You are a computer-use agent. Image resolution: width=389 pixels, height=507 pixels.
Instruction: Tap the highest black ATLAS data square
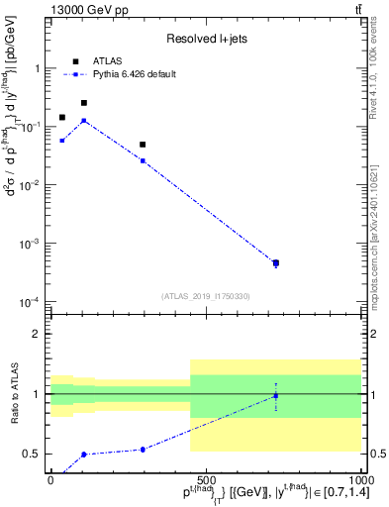84,103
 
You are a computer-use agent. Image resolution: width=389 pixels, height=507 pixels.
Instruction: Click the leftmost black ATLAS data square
62,118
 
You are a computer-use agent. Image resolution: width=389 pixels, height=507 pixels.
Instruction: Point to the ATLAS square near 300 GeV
143,145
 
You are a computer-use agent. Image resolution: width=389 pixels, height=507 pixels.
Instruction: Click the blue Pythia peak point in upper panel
84,121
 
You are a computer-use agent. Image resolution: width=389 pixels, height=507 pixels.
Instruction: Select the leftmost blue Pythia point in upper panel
62,141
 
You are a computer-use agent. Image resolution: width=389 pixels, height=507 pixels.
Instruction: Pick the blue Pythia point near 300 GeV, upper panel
143,160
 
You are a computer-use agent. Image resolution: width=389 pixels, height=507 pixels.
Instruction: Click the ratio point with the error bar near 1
275,396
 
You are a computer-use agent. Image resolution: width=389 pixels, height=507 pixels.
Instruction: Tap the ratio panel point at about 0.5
84,455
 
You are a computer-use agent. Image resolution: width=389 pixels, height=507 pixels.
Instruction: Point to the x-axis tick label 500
205,479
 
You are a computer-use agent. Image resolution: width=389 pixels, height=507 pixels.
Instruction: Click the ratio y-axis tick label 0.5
33,455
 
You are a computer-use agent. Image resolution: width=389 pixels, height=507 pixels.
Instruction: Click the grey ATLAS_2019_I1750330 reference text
206,295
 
